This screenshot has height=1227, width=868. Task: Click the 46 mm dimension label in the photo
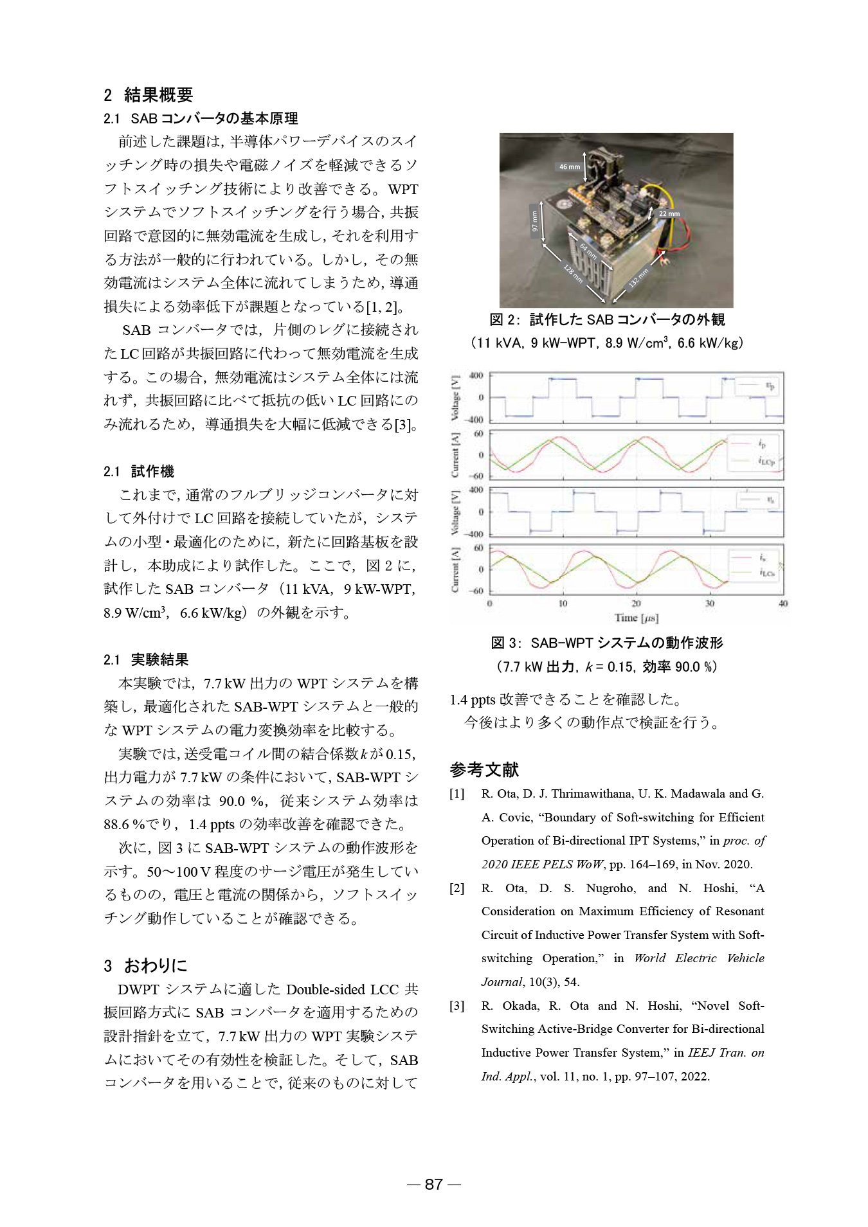(569, 166)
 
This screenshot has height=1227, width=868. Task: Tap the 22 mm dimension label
(669, 213)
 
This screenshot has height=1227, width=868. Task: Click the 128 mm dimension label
(573, 273)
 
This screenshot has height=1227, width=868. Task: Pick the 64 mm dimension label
(588, 251)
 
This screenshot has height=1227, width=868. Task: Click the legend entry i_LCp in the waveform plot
(766, 461)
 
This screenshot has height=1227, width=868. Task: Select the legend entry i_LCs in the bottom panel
(766, 572)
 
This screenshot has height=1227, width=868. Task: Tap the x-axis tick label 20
(636, 604)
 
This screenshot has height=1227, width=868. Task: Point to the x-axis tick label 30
(709, 604)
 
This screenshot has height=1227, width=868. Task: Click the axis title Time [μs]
(636, 618)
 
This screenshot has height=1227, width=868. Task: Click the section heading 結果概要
(158, 95)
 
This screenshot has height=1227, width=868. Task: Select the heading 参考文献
(484, 769)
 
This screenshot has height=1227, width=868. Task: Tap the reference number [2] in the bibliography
(457, 888)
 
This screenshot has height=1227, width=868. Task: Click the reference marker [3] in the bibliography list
(457, 1006)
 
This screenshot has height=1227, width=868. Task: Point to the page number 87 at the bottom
(434, 1184)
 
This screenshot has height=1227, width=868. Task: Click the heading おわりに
(156, 965)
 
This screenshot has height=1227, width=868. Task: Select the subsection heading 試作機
(152, 471)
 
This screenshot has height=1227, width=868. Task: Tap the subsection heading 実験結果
(159, 659)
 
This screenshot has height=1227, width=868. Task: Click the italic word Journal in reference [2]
(502, 982)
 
